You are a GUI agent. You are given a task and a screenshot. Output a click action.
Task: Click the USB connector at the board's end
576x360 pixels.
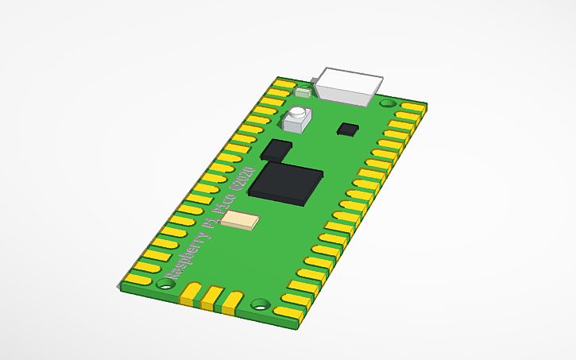point(350,85)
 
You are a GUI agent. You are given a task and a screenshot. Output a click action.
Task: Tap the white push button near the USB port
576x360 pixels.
point(297,118)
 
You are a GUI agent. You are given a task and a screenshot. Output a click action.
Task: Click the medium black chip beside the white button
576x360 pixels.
point(276,150)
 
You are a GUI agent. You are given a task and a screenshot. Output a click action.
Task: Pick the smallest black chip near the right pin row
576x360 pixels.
point(348,129)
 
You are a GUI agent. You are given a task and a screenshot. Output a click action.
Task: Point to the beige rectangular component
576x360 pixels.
point(240,221)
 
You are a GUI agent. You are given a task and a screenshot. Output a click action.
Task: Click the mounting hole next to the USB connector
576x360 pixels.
point(387,103)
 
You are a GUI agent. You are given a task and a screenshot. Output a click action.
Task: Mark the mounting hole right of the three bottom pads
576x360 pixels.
point(260,304)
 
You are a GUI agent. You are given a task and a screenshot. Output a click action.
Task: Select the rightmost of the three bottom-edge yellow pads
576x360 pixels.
point(231,300)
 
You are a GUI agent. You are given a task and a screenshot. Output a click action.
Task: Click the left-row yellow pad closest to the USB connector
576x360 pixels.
point(284,83)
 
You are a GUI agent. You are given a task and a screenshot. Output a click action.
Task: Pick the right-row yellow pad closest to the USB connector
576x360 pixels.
point(413,106)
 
